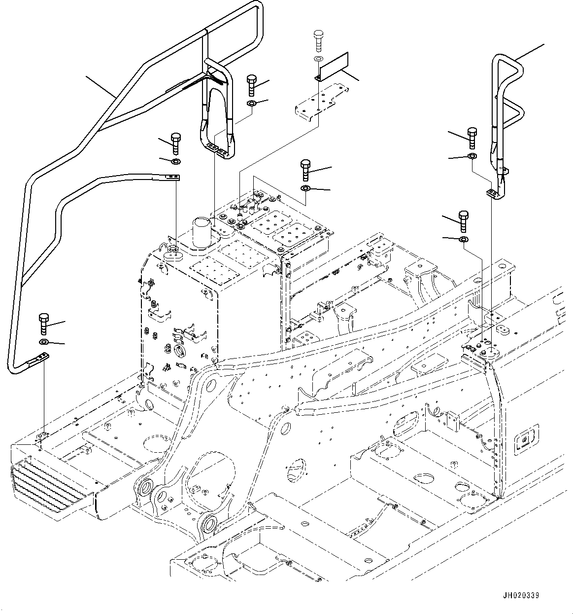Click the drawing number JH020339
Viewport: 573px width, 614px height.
pos(521,595)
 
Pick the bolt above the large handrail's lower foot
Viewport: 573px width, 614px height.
pos(43,324)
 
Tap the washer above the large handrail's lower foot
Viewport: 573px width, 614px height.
pos(43,342)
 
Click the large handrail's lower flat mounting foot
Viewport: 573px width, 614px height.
pos(39,359)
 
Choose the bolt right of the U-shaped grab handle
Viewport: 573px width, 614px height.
pos(251,85)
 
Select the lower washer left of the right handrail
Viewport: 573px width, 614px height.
pos(463,239)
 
